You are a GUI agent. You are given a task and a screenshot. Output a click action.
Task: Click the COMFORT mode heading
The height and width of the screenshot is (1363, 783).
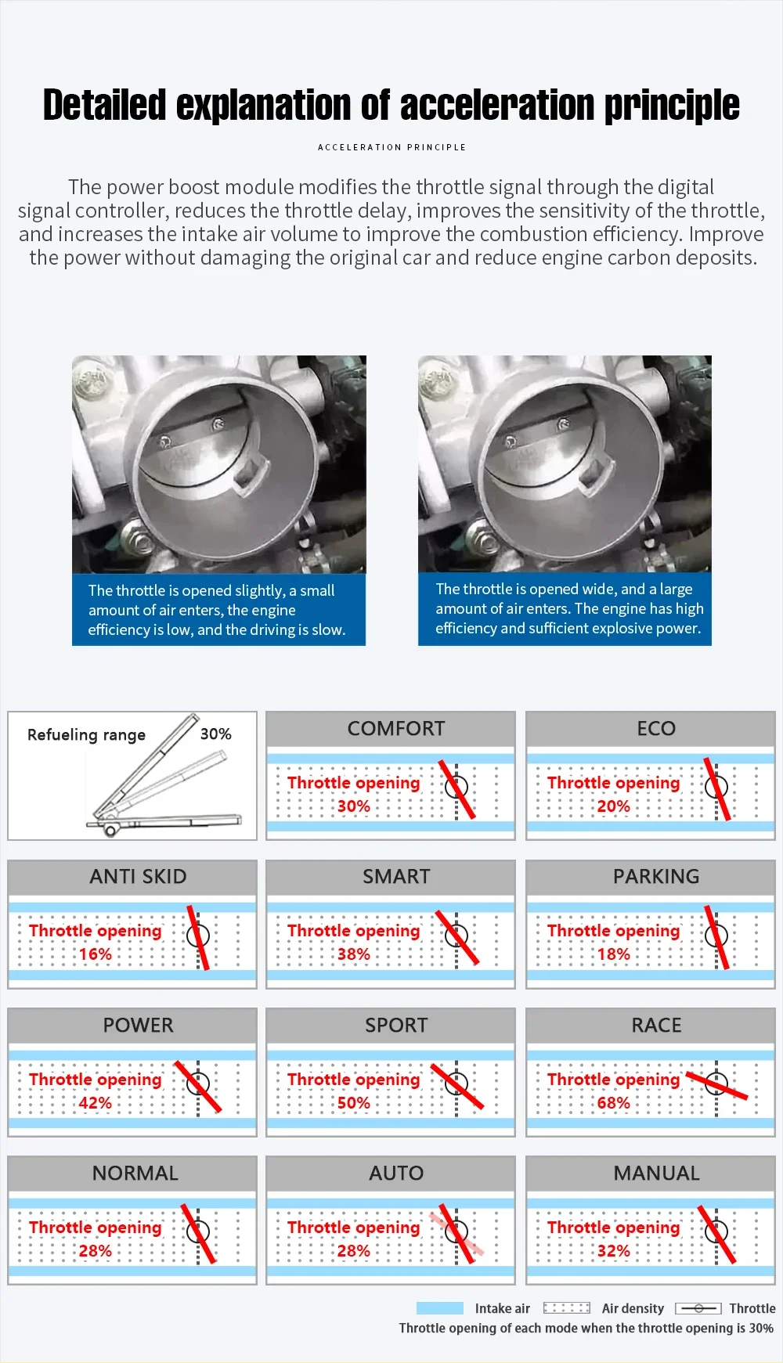coord(395,729)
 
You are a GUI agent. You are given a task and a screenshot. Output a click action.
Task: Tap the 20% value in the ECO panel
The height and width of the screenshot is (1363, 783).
coord(613,806)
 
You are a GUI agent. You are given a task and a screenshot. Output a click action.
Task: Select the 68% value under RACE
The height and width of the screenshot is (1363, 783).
coord(613,1103)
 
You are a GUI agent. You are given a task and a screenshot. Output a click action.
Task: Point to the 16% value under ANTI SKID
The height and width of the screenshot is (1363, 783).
coord(96,954)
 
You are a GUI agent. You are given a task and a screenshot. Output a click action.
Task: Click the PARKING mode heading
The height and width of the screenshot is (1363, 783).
coord(656,877)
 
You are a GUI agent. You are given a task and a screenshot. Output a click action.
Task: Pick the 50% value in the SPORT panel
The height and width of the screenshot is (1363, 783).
coord(354,1103)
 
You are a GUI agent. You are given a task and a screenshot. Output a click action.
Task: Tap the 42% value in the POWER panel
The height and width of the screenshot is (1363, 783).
coord(96,1103)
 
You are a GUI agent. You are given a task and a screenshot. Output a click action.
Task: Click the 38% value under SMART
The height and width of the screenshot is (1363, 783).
coord(354,954)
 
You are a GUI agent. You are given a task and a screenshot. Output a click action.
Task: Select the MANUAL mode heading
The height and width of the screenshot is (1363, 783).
coord(656,1174)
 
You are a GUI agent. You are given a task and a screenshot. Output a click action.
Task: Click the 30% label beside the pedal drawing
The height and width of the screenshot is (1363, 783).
coord(216,734)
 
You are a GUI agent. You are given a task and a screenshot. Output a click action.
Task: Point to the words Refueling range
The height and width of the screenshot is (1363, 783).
coord(86,735)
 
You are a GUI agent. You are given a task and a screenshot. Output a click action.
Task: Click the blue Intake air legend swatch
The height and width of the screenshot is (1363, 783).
coord(440,1308)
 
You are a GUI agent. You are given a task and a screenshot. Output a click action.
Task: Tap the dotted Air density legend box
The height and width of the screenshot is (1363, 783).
coord(567,1308)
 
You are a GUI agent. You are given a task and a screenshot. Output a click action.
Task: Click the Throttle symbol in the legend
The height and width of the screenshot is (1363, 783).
coord(698,1308)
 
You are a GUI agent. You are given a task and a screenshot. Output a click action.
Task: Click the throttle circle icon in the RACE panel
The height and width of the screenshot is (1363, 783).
coord(716,1084)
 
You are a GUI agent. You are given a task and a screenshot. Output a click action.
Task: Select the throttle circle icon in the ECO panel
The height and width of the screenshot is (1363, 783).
coord(716,787)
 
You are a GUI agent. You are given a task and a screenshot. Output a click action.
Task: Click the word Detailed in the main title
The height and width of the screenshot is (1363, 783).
coord(105,106)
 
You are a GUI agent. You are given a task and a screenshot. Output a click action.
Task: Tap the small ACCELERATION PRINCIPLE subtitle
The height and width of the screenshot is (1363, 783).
coord(391,147)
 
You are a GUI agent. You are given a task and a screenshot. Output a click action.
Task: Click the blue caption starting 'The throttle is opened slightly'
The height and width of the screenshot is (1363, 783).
coord(218,610)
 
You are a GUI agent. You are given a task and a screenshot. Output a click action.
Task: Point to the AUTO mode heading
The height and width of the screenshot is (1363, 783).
coord(396,1174)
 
